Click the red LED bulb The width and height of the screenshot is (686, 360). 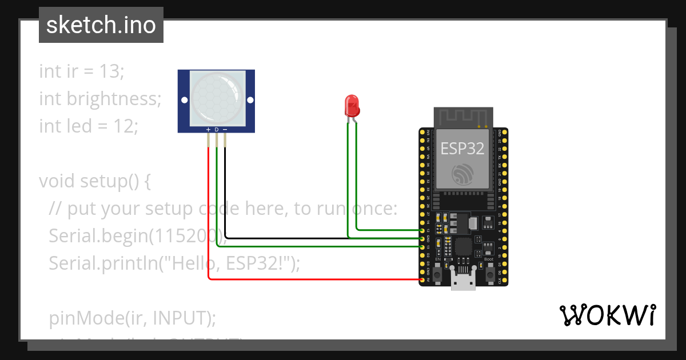coord(351,105)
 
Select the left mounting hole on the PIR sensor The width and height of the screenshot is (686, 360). coord(184,100)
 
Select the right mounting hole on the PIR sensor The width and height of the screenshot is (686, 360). coord(249,100)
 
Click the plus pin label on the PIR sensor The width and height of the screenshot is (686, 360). coord(208,130)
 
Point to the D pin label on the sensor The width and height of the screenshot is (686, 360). coord(217,130)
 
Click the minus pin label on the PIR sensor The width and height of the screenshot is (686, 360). coord(225,130)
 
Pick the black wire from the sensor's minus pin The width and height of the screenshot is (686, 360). coord(320,237)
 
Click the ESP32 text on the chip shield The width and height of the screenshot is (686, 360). coord(462,149)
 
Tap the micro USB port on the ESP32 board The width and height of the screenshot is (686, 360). coord(463,281)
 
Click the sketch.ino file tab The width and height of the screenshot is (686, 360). coord(101,25)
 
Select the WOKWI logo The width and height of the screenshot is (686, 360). coord(607,315)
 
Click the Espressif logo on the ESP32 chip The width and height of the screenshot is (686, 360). coord(462,174)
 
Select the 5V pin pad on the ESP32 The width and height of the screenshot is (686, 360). coord(422,279)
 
